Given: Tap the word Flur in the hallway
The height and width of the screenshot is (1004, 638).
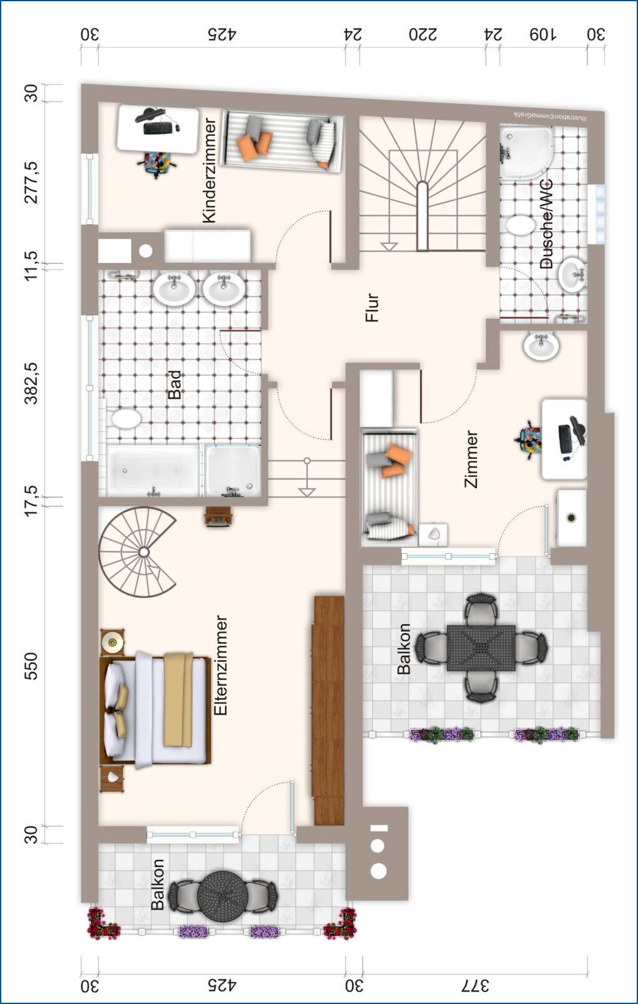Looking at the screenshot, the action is coord(372,307).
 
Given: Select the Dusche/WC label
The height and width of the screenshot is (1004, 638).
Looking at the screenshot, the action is coord(546,224).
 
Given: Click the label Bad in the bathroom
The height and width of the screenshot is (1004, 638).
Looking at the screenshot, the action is coord(175,384).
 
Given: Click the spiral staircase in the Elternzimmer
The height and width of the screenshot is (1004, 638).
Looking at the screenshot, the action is coord(137,551).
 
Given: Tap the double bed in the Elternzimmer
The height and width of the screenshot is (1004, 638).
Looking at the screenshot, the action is coord(155,710).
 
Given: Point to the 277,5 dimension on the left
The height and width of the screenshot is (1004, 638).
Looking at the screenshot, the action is coord(31,182).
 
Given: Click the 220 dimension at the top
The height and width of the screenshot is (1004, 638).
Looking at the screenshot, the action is coord(423,34).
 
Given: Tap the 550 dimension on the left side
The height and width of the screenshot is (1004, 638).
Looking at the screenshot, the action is coord(31,666).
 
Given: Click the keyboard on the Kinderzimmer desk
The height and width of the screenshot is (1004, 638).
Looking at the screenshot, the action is coord(157,128).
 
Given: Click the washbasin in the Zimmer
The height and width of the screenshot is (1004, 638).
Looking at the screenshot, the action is coord(541,345).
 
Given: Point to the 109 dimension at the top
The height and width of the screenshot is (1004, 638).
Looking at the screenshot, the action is coord(542,34).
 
